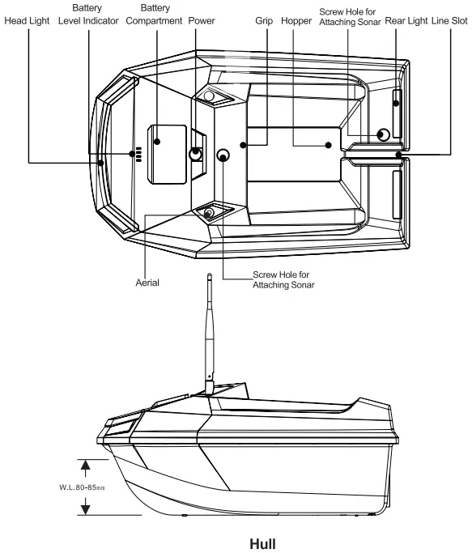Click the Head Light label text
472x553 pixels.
tap(28, 19)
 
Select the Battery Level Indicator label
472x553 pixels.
tap(88, 14)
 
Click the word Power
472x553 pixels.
tap(201, 19)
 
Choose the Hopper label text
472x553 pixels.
tap(296, 19)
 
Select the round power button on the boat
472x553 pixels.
tap(197, 153)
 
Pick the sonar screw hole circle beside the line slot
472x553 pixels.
tap(384, 134)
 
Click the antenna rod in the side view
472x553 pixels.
tap(210, 332)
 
